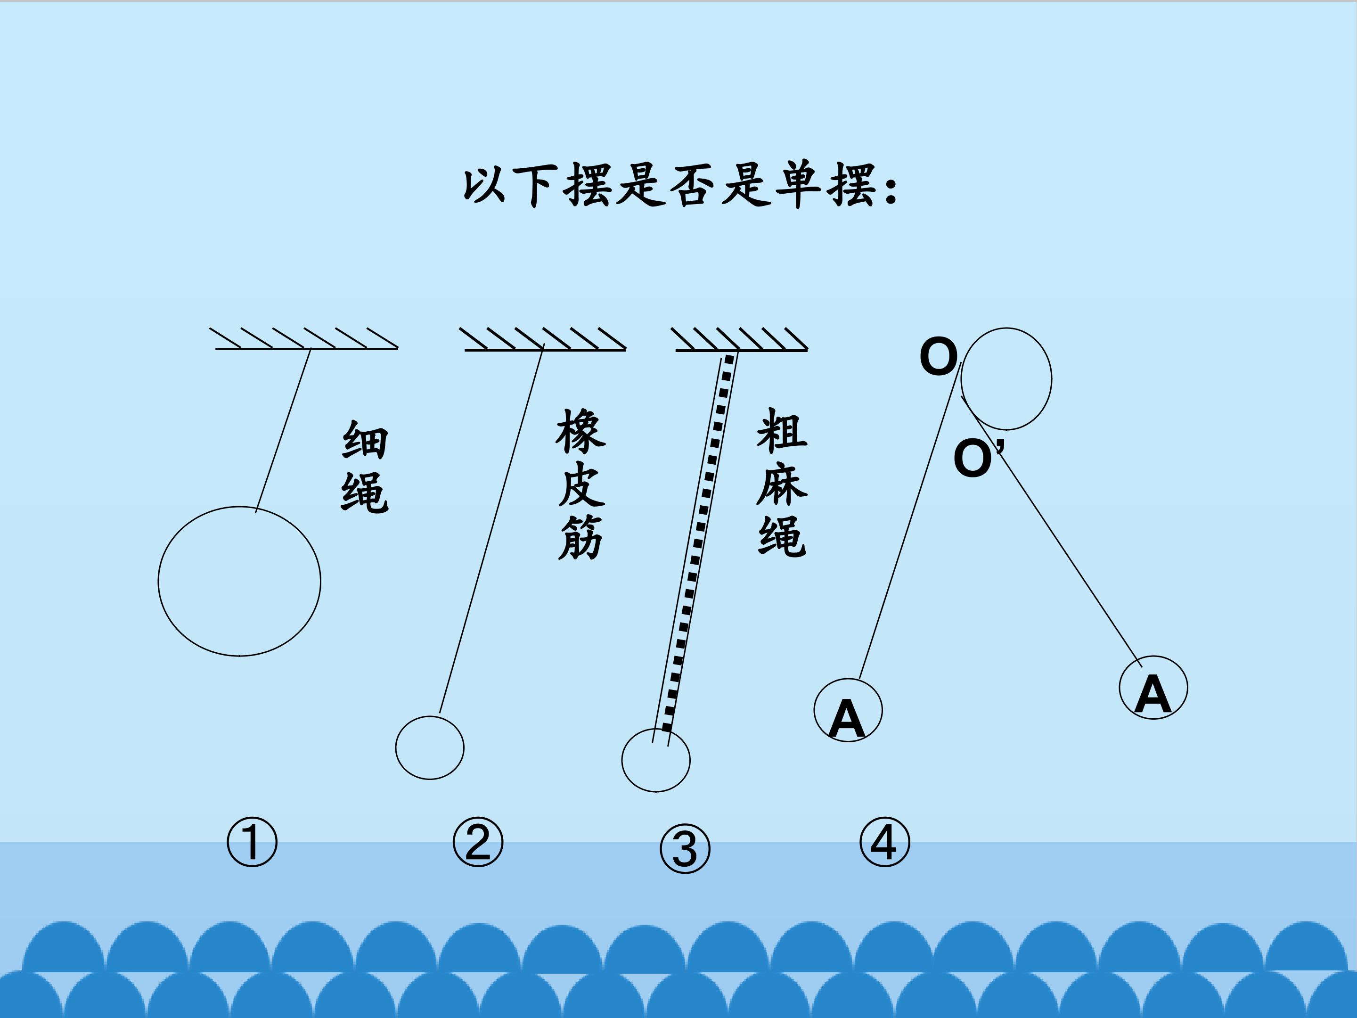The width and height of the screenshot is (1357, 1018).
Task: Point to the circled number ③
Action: click(685, 849)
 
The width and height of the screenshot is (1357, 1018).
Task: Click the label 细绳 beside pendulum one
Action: click(364, 467)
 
